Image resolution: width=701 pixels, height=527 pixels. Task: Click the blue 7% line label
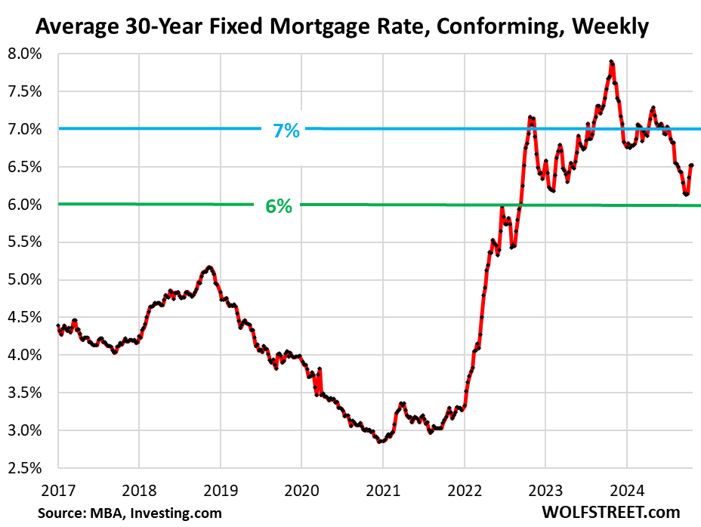coord(286,131)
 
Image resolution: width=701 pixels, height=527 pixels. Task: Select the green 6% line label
coord(278,205)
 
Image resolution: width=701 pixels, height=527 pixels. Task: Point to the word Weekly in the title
coord(610,28)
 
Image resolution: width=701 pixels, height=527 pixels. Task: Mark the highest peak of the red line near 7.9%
coord(610,62)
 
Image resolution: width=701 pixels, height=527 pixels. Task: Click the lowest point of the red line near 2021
coord(380,441)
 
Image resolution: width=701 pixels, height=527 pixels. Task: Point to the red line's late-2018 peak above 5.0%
coord(209,267)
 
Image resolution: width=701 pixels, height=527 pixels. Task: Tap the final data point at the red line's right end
coord(692,165)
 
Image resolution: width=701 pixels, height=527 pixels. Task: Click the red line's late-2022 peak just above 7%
coord(530,117)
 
